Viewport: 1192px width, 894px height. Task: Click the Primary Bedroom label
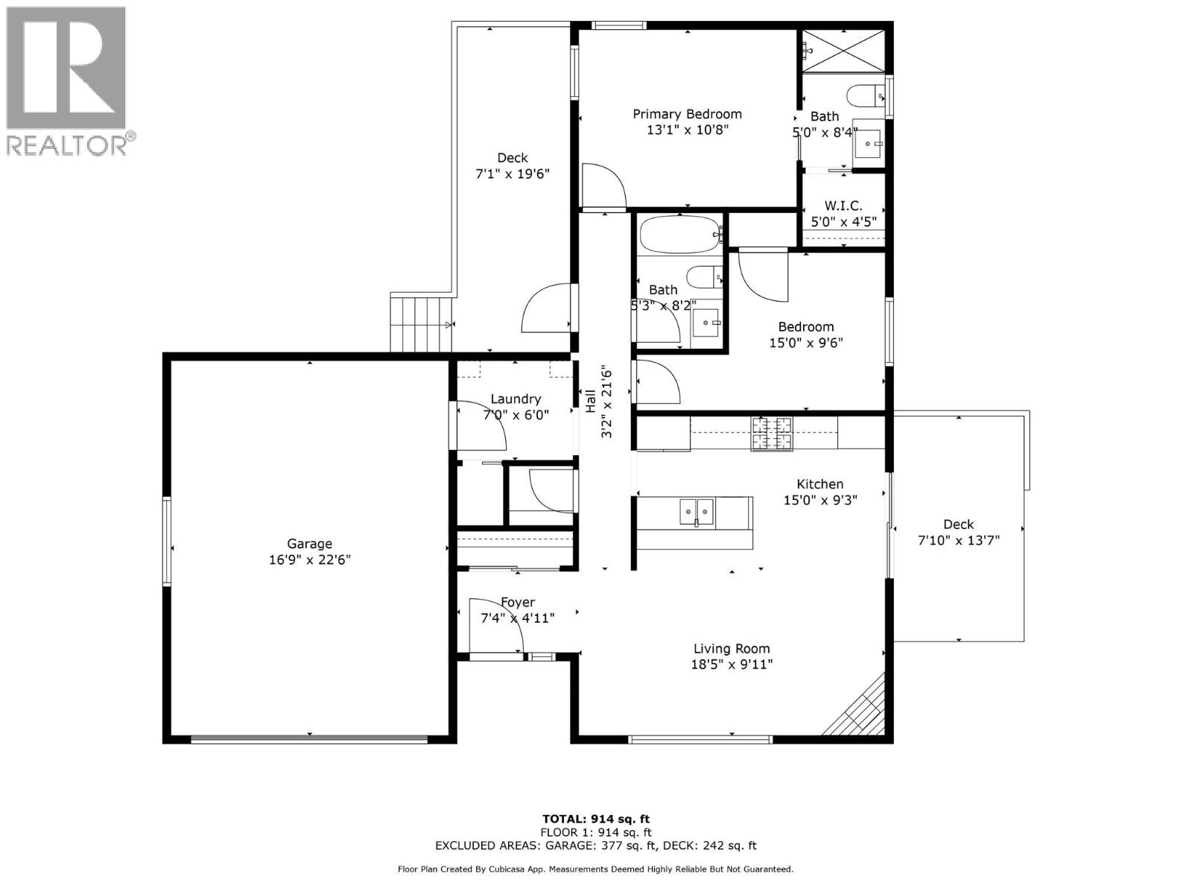pyautogui.click(x=687, y=114)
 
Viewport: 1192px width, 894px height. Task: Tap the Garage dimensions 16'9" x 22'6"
pyautogui.click(x=310, y=559)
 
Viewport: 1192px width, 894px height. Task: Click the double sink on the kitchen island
pyautogui.click(x=697, y=513)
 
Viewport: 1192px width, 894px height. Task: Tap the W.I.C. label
pyautogui.click(x=843, y=206)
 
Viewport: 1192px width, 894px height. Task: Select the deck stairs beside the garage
pyautogui.click(x=421, y=323)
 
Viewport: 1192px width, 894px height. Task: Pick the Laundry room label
pyautogui.click(x=516, y=399)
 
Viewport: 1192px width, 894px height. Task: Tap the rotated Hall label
pyautogui.click(x=590, y=402)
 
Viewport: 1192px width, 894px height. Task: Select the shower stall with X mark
pyautogui.click(x=843, y=51)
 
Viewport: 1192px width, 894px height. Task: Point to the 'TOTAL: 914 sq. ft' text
pyautogui.click(x=596, y=819)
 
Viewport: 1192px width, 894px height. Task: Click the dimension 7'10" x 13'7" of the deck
pyautogui.click(x=958, y=540)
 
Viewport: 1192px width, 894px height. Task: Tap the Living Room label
pyautogui.click(x=732, y=649)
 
